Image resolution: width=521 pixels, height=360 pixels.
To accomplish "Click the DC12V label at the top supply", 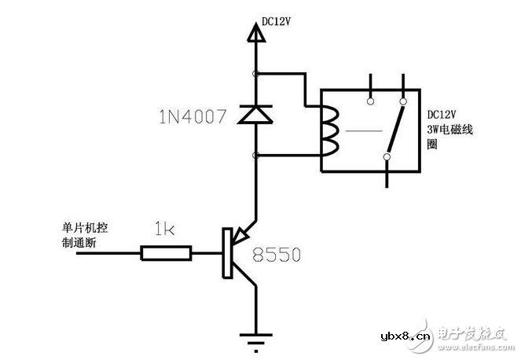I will coord(277,24).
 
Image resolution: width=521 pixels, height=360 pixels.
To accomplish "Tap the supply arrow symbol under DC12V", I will coord(255,34).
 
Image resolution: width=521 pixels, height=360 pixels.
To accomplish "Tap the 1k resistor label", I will coord(163,231).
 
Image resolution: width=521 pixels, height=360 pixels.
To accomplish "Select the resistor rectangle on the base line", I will coord(166,252).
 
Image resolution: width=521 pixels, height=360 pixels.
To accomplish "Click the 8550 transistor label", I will coord(277,255).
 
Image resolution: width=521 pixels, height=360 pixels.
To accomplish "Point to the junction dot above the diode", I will coord(255,74).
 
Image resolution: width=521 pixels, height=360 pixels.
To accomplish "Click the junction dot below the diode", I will coord(255,156).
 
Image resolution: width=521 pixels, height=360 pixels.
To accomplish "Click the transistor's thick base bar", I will coord(227,252).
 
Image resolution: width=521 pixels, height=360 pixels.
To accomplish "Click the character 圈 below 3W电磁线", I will coord(431,145).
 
